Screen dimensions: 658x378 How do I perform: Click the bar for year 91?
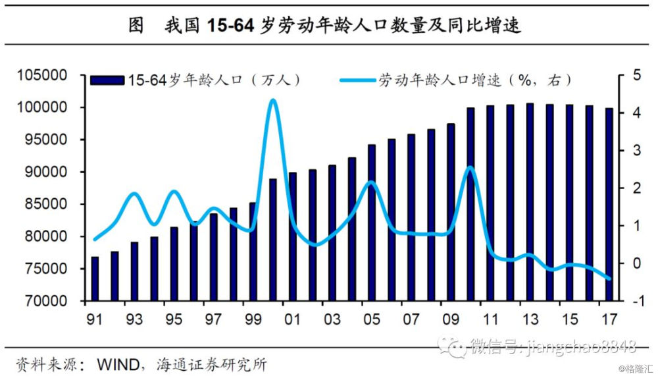click(95, 279)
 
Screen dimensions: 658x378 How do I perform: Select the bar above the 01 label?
click(293, 237)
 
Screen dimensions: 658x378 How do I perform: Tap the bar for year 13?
click(530, 202)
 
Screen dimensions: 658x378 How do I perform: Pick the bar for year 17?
click(609, 205)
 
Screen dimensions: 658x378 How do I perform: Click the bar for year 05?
click(372, 223)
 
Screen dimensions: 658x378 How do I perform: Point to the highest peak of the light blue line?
click(273, 100)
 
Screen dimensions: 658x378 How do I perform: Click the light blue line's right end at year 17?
click(609, 279)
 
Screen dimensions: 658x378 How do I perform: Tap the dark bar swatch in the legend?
click(107, 80)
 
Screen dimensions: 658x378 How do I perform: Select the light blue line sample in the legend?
click(358, 80)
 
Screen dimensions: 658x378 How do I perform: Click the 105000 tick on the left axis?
click(42, 75)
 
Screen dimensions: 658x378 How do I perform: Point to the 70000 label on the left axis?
click(46, 301)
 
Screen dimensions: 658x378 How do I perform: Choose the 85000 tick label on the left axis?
click(46, 204)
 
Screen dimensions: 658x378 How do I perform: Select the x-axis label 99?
click(253, 319)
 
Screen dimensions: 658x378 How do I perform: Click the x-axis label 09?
click(451, 319)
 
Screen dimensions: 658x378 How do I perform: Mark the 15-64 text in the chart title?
click(230, 26)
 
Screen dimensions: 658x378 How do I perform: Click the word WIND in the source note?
click(118, 364)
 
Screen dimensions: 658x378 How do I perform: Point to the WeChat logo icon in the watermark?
click(453, 346)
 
